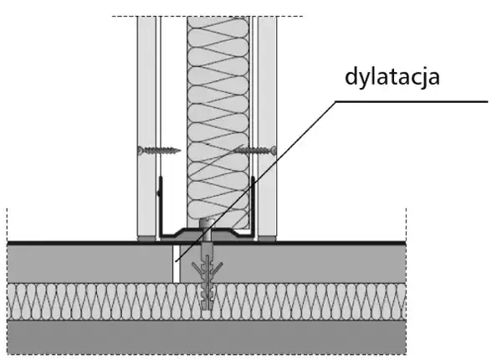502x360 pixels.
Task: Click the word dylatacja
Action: pyautogui.click(x=392, y=78)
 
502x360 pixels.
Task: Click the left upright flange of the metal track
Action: pyautogui.click(x=158, y=209)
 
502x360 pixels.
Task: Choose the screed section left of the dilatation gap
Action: pyautogui.click(x=84, y=263)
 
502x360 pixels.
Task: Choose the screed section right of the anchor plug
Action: pyautogui.click(x=318, y=263)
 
